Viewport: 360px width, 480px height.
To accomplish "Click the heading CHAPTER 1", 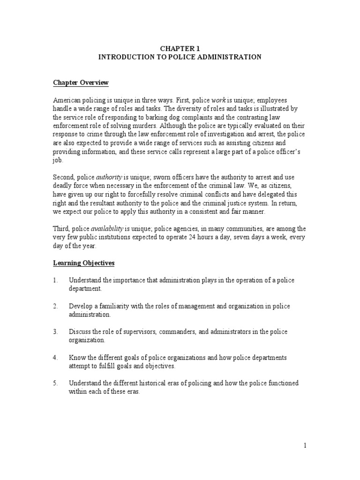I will (180, 48).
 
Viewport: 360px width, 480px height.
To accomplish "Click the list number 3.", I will (55, 332).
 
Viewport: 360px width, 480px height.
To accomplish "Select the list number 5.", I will (55, 383).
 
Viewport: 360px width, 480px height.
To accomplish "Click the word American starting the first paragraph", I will (66, 101).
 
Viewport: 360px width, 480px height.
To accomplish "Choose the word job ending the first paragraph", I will (56, 160).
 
